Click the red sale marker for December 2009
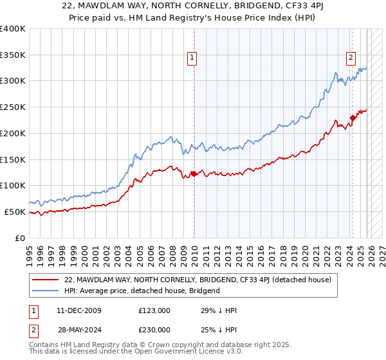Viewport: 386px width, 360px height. point(194,174)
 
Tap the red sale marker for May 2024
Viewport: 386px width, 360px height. point(353,117)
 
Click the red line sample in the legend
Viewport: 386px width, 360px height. point(46,280)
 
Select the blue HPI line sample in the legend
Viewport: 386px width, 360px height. point(46,291)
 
